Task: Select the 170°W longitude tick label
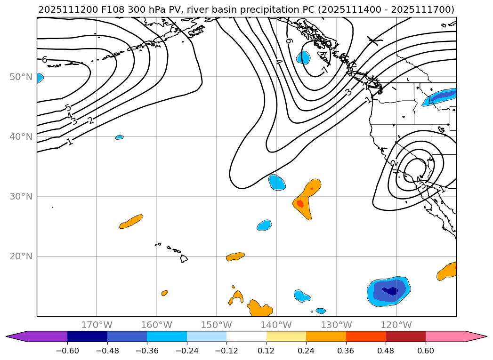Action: (97, 325)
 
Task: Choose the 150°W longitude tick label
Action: (217, 325)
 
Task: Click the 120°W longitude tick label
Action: (396, 325)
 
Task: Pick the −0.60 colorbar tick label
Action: (67, 351)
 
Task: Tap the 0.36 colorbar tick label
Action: (346, 351)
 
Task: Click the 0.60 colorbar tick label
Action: (426, 351)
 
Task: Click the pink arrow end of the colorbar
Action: (476, 336)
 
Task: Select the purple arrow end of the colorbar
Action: (16, 336)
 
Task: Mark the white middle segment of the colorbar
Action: (246, 336)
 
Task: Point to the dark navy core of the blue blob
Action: (390, 291)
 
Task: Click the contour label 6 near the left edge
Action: (44, 60)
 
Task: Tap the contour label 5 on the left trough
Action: (68, 108)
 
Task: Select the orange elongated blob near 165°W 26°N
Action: (131, 221)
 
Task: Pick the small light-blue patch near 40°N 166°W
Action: (120, 137)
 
